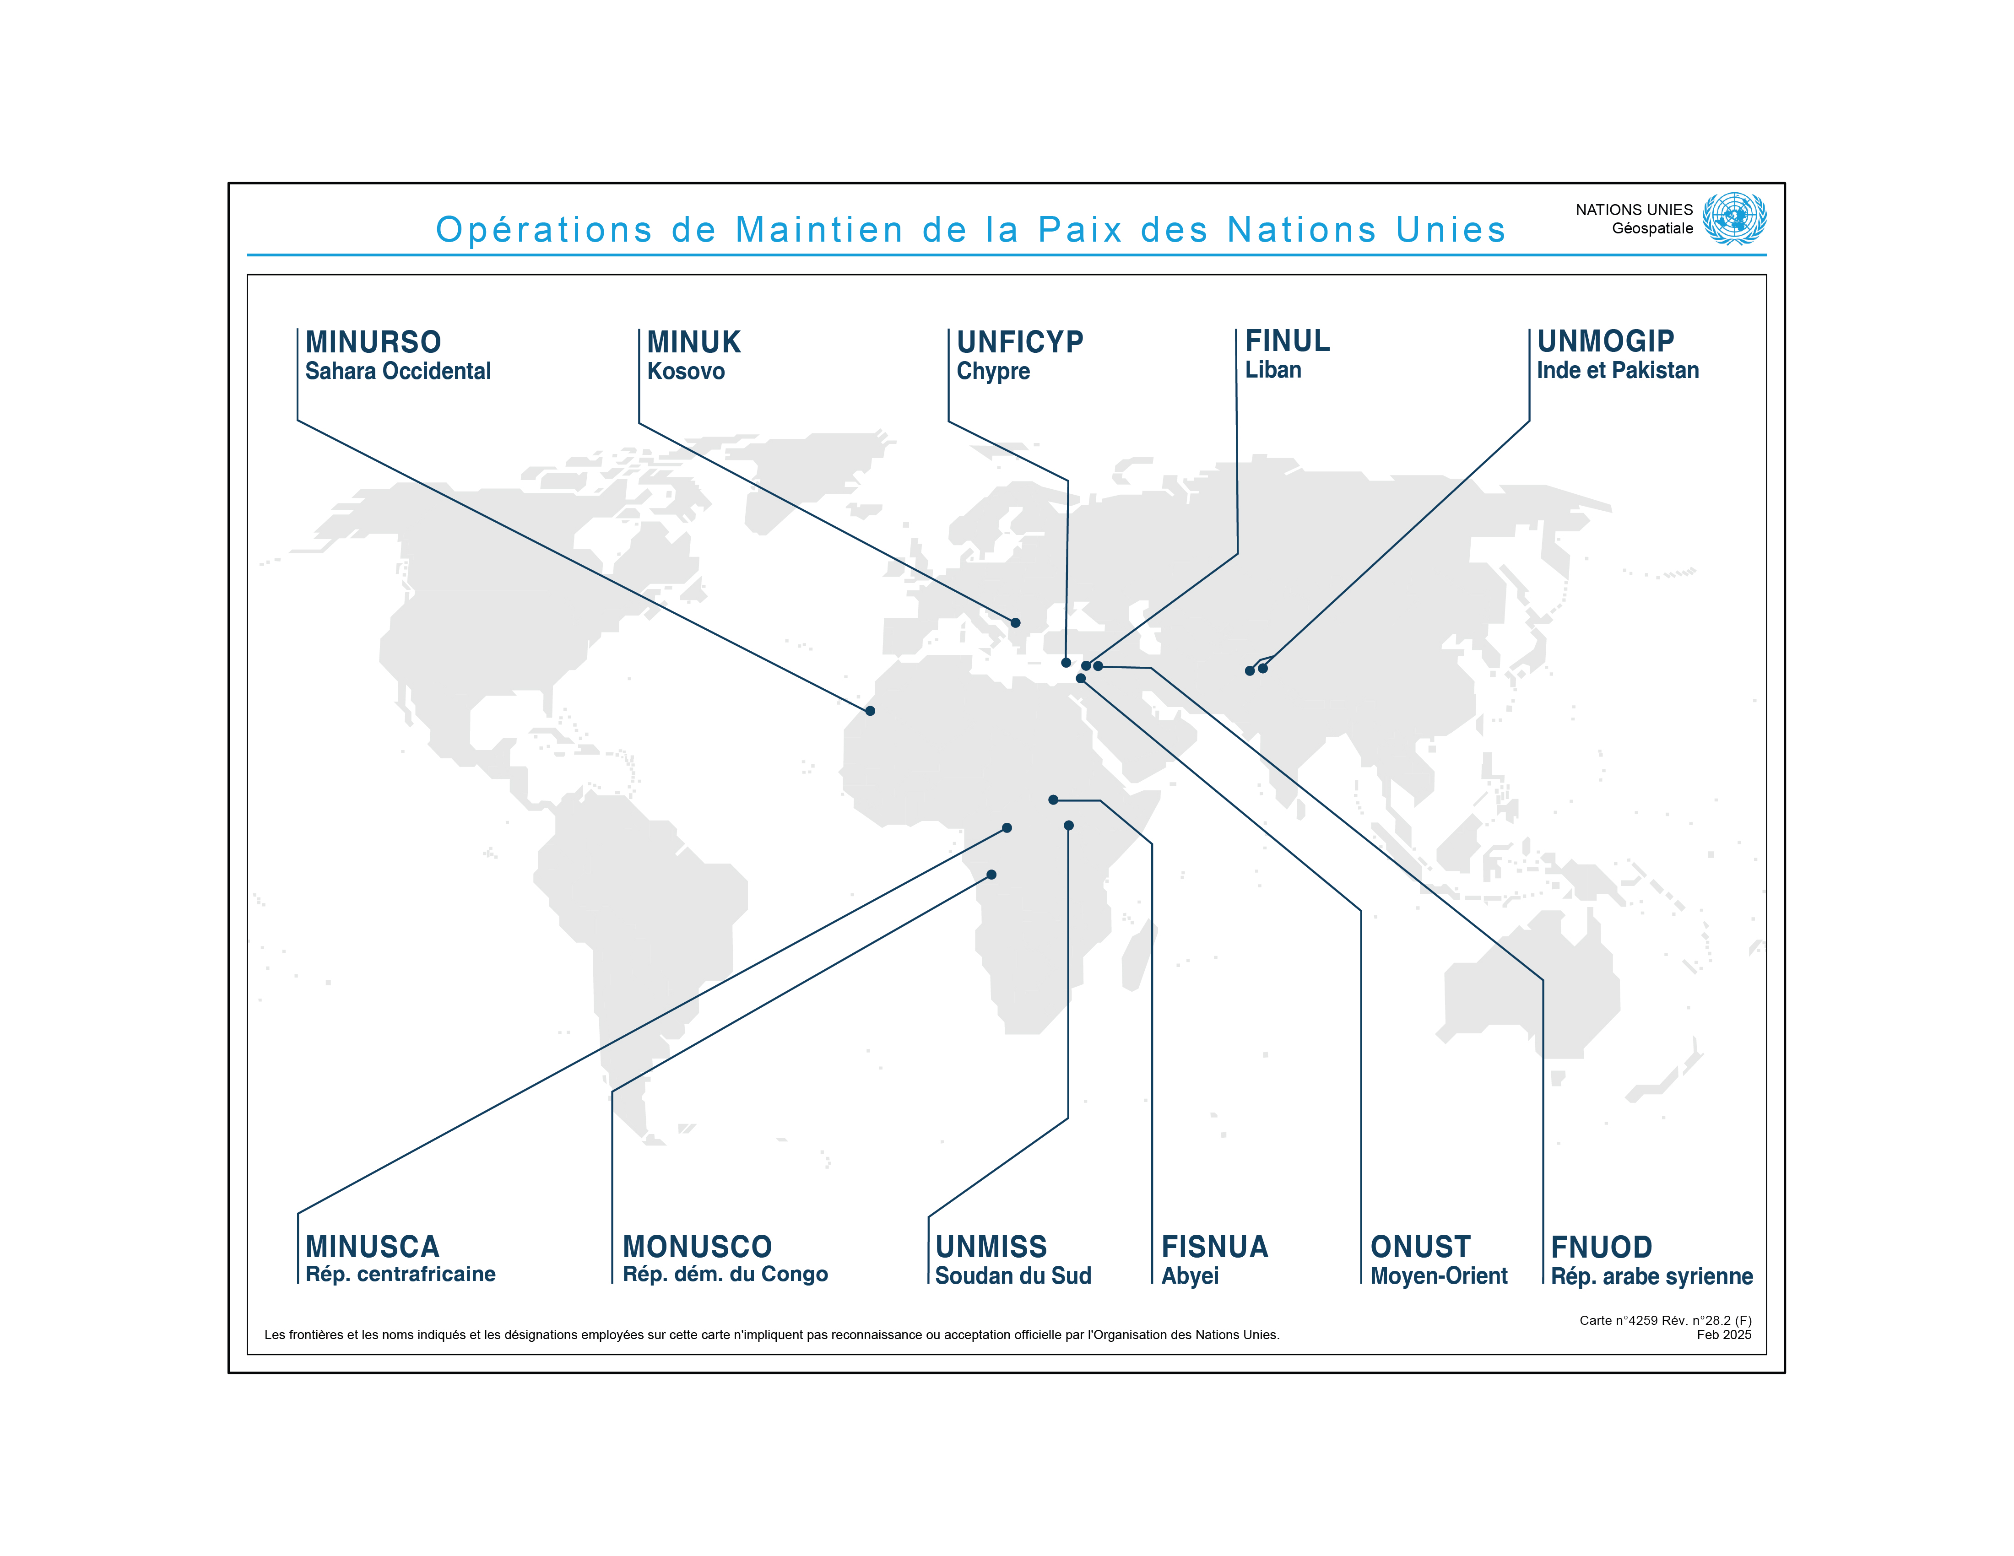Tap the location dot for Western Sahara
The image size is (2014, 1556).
(870, 711)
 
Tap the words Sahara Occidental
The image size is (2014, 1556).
(397, 372)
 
